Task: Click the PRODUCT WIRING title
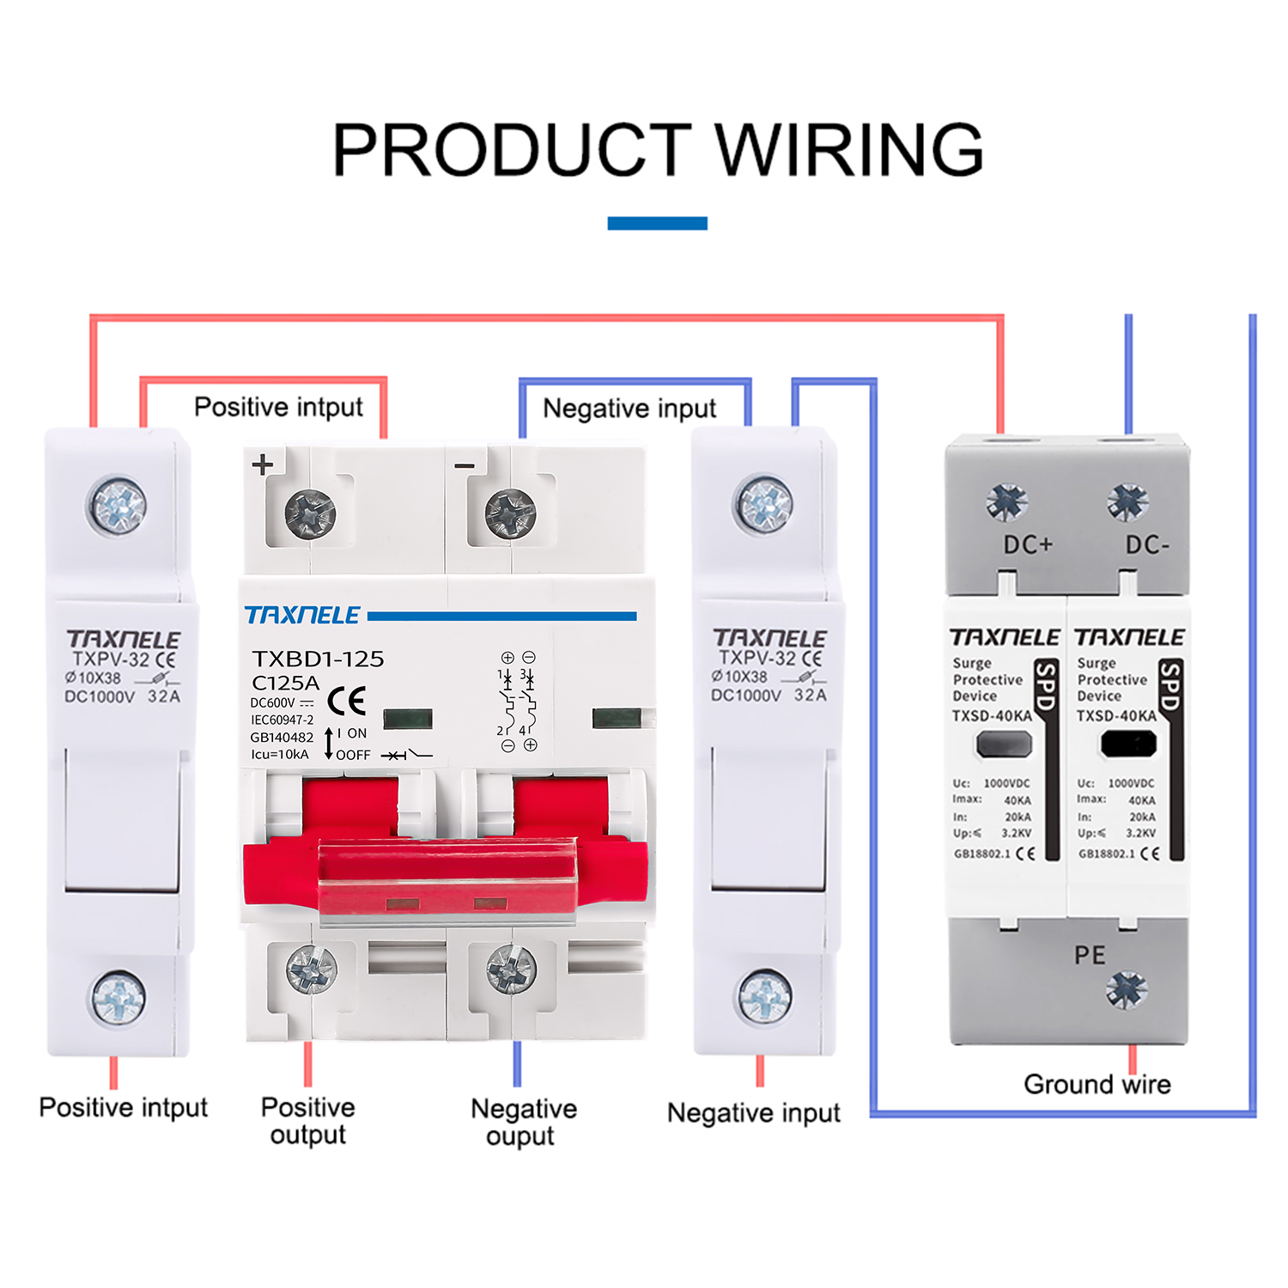657,149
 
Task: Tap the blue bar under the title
657,223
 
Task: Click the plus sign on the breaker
263,465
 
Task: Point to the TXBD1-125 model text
318,659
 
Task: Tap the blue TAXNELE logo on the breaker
302,616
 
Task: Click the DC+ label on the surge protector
1028,544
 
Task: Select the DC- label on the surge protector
1147,544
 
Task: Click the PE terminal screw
1127,990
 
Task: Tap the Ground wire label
1097,1084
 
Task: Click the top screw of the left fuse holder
118,506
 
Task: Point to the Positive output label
307,1121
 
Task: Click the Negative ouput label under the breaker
523,1122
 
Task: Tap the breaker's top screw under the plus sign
310,513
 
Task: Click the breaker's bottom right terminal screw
512,970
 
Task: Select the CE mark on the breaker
347,701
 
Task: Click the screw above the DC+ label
1006,501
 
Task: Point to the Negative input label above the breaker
629,409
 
